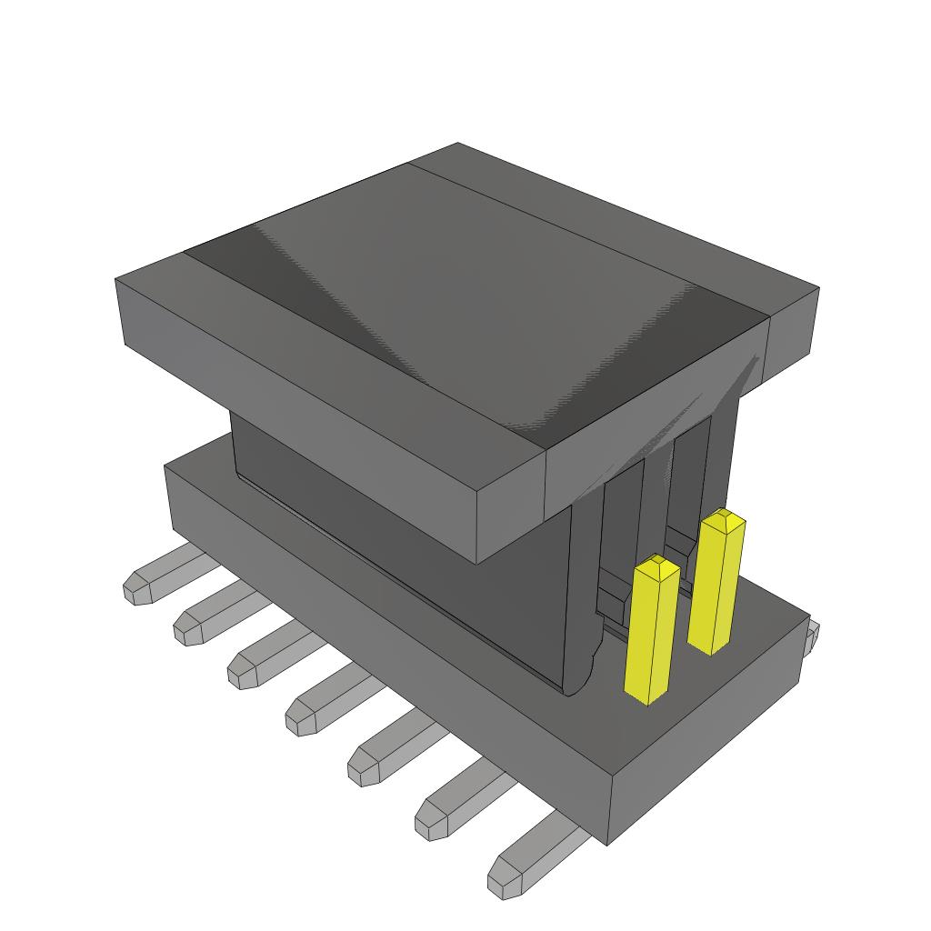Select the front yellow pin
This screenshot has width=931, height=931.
click(652, 636)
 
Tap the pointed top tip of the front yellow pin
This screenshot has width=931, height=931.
click(657, 565)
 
